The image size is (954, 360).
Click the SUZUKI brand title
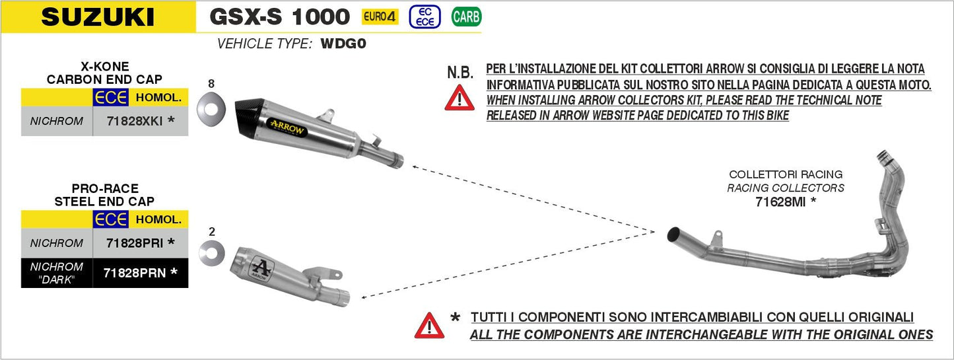click(98, 17)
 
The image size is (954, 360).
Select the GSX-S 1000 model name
click(279, 16)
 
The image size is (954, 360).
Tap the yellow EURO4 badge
click(380, 17)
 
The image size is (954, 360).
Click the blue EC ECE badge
click(425, 17)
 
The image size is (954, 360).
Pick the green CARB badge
click(466, 17)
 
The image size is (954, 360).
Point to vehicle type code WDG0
click(343, 44)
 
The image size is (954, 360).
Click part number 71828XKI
click(135, 122)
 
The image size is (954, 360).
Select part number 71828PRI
click(135, 243)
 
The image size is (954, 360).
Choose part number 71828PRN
click(135, 271)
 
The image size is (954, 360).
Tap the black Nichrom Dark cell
click(57, 272)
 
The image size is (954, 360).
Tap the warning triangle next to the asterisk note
click(429, 325)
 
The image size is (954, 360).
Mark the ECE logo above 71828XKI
click(110, 98)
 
